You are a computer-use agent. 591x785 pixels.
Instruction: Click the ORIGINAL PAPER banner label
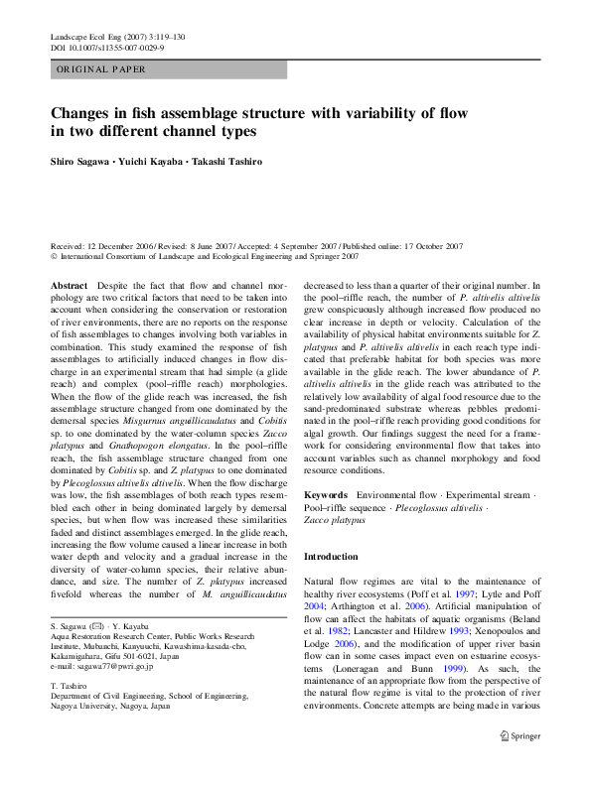[102, 69]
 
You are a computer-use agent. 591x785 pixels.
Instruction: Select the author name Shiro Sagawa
[82, 161]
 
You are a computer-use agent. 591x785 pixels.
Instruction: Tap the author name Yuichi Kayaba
[152, 161]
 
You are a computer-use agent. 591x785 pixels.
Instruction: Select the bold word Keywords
[325, 494]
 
